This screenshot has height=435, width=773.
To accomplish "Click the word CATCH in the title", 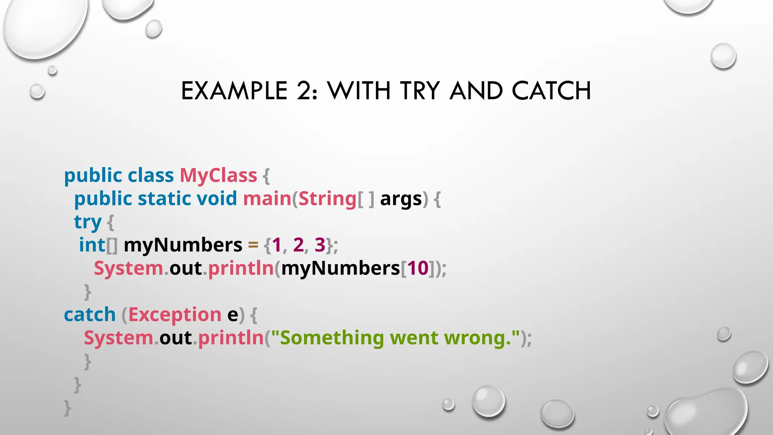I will tap(551, 91).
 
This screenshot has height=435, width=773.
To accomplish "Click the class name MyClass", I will tap(218, 176).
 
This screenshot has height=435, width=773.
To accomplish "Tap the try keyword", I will tap(88, 222).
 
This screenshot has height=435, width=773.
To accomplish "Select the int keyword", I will tap(92, 245).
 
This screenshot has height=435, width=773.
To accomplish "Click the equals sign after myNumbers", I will tap(253, 245).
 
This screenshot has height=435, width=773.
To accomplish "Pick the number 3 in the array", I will tap(320, 245).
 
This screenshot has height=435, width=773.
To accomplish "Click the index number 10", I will tap(418, 268).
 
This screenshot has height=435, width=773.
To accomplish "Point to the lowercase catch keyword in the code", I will tap(90, 315).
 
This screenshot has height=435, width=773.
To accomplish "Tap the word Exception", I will tap(175, 315).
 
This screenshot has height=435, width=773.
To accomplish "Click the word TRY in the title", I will tap(420, 91).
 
